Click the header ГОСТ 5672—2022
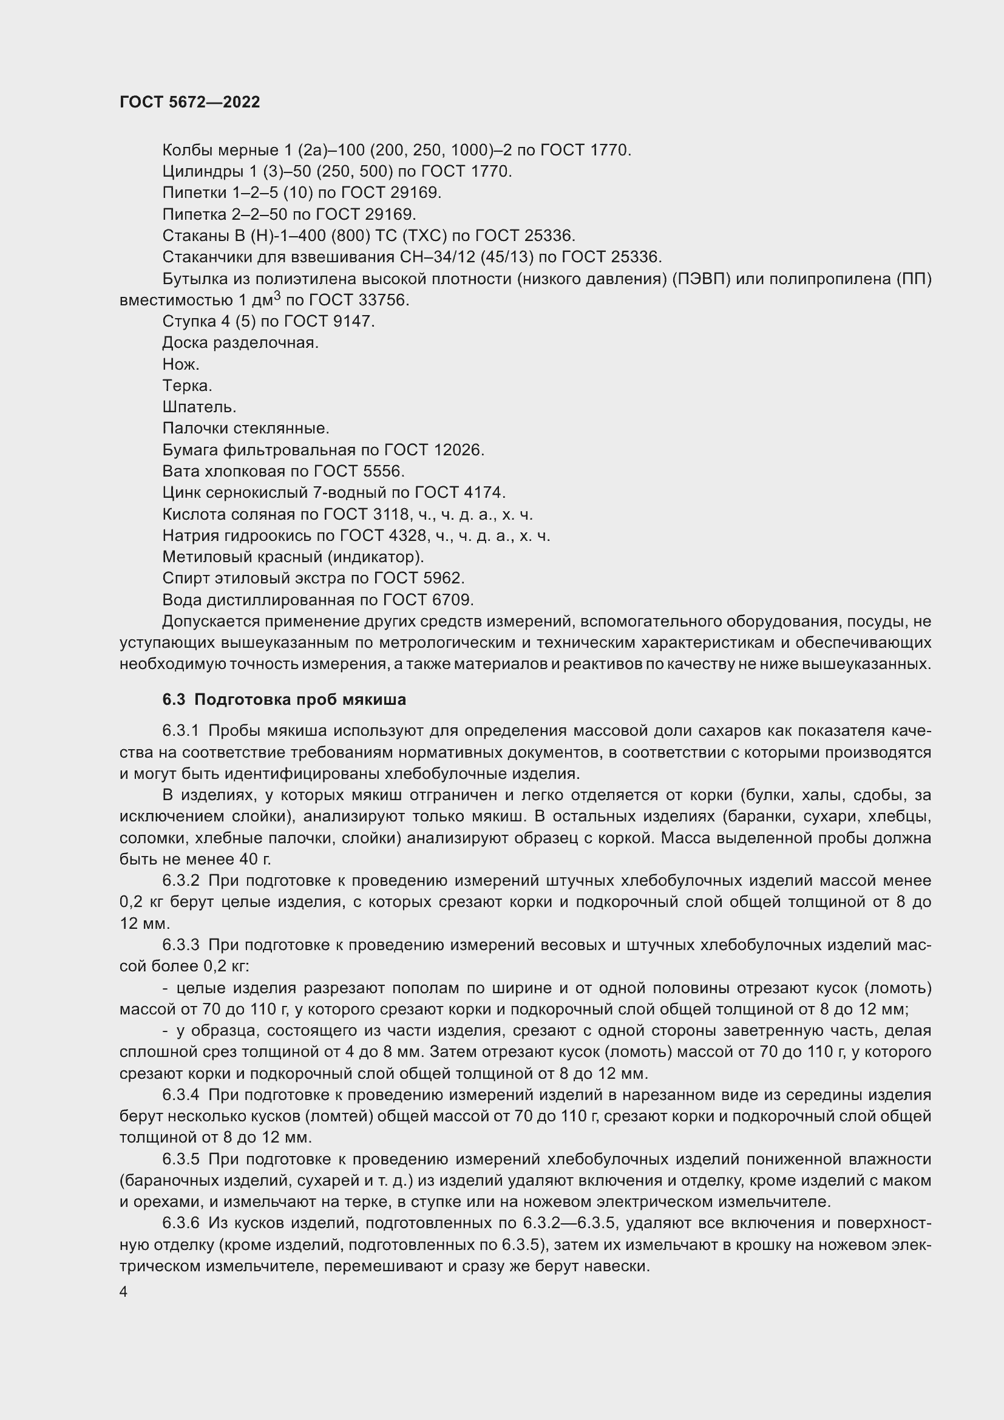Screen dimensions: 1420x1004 (189, 102)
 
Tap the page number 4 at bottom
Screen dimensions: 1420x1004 (124, 1292)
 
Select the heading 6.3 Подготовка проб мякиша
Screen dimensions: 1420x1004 (283, 699)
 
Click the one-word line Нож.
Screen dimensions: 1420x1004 (180, 364)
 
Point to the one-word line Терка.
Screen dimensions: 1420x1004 (188, 386)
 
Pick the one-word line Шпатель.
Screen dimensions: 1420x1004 (199, 407)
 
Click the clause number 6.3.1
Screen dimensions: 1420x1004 (180, 730)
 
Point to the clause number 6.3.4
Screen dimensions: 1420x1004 (180, 1095)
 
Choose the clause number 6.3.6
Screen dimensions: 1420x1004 (180, 1223)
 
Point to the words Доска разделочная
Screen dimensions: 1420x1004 (240, 342)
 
